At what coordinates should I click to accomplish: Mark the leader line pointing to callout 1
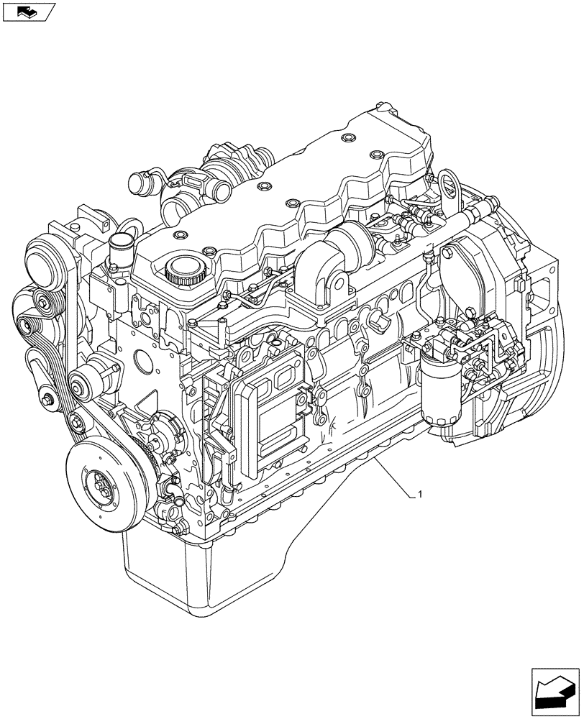click(391, 475)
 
